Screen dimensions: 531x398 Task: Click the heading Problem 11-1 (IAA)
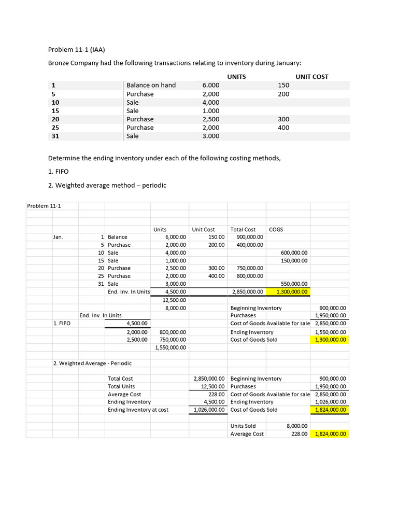tap(76, 50)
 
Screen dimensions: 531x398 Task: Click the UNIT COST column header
tap(311, 77)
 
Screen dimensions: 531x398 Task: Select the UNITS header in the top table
tap(236, 77)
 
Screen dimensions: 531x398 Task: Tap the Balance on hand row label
tap(151, 85)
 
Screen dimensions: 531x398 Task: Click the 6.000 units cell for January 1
tap(211, 85)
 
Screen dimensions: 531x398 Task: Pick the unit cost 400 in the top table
tap(283, 128)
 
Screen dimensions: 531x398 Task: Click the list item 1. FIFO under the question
tap(58, 171)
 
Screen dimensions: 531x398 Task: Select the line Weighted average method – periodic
tap(107, 185)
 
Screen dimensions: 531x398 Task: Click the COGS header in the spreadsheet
tap(276, 229)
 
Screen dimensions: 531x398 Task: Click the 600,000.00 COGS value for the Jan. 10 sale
tap(294, 253)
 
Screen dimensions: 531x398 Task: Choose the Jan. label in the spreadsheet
tap(58, 237)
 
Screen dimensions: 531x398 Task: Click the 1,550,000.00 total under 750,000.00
tap(170, 347)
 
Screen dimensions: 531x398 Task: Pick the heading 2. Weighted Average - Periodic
tap(92, 363)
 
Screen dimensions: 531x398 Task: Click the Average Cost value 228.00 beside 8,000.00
tap(300, 434)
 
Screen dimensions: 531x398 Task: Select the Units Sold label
tap(243, 426)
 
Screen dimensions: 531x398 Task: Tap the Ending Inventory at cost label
tap(138, 410)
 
